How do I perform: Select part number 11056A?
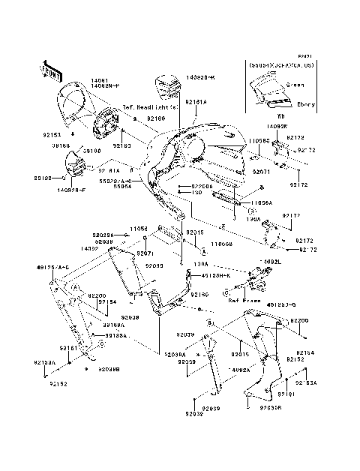tap(260, 202)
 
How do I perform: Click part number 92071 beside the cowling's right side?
tap(261, 171)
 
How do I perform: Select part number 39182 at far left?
tap(43, 178)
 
